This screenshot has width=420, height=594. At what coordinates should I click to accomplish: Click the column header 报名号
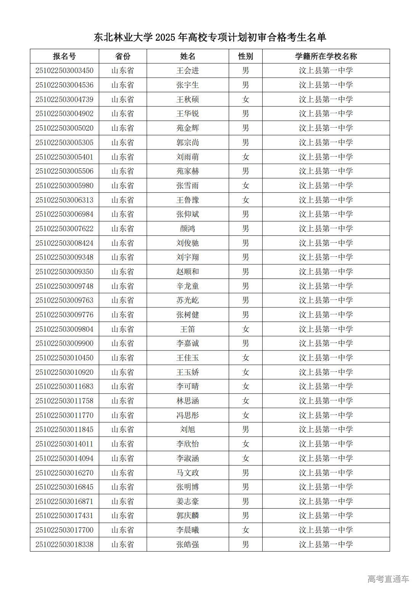(x=64, y=56)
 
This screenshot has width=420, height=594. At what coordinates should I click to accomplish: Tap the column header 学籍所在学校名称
(x=326, y=56)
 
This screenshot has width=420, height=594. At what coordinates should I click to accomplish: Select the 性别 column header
(x=245, y=56)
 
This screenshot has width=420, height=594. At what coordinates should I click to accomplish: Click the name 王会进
(x=188, y=71)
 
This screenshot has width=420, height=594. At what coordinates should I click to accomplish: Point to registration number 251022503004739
(x=64, y=99)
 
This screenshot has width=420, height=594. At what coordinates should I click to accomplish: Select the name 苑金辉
(x=188, y=128)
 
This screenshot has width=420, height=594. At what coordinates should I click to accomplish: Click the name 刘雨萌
(x=188, y=157)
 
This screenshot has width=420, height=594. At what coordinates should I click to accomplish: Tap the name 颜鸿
(x=188, y=229)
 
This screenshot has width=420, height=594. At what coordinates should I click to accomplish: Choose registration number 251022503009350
(x=64, y=272)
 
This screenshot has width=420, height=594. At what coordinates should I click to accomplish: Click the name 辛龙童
(x=188, y=286)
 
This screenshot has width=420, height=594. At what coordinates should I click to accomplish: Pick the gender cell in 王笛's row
(x=245, y=329)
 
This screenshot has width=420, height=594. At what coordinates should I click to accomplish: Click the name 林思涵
(x=188, y=401)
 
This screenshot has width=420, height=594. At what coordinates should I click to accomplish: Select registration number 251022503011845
(x=64, y=429)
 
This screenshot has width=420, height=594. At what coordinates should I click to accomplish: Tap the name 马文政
(x=188, y=473)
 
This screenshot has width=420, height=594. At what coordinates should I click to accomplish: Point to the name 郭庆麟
(x=188, y=516)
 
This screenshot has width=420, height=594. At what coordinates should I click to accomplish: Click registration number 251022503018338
(x=64, y=544)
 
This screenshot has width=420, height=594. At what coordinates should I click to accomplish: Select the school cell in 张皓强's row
(x=326, y=544)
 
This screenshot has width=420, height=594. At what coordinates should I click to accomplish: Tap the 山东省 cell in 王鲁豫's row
(x=123, y=200)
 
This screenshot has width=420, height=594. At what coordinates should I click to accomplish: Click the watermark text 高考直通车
(x=388, y=579)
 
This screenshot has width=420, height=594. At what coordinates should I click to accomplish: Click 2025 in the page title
(x=165, y=37)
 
